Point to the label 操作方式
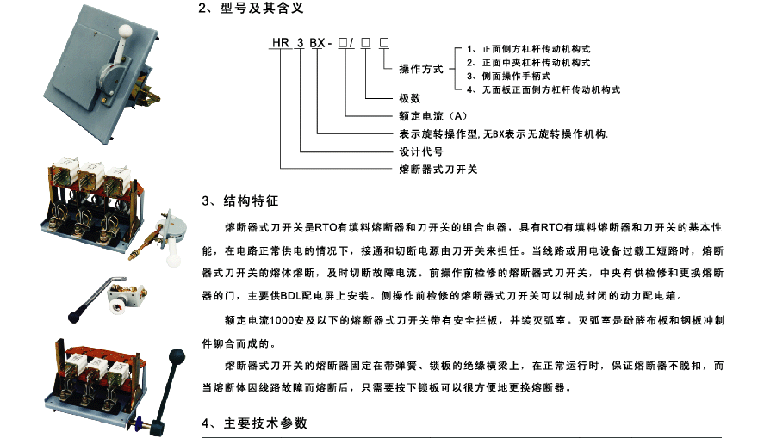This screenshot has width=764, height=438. click(x=421, y=69)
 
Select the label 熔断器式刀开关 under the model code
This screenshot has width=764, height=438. click(x=438, y=169)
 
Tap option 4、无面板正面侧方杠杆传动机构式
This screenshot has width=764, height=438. click(x=543, y=89)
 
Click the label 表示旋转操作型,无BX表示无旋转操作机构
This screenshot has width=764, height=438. click(x=503, y=134)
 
